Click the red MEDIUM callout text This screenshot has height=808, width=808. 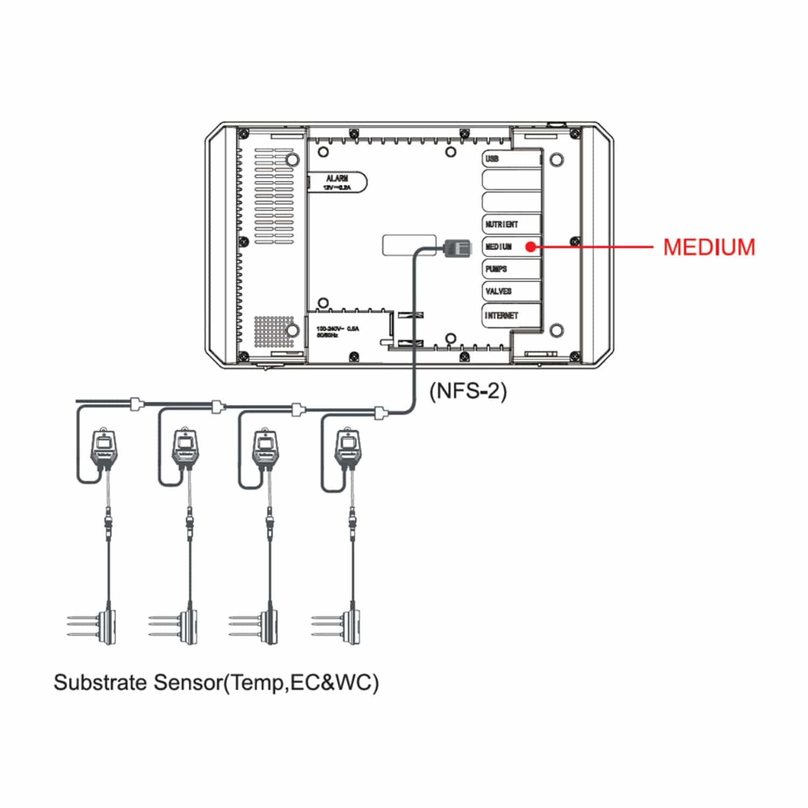coord(709,248)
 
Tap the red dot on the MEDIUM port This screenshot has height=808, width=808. coord(531,247)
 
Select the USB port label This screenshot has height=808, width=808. coord(492,159)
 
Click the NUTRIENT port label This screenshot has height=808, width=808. coord(501,224)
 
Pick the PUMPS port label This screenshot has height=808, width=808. coord(496,269)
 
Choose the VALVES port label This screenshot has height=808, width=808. coord(498,291)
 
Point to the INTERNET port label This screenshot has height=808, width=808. coord(501,316)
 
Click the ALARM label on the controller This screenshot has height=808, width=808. coord(337,179)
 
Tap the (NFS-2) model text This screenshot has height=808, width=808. coord(468,391)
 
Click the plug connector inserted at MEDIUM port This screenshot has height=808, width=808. coord(457,248)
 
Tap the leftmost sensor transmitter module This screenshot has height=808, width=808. coord(103,447)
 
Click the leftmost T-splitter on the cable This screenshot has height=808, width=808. coord(137,403)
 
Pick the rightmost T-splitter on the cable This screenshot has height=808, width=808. coord(380,413)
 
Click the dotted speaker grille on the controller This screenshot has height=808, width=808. coord(274,331)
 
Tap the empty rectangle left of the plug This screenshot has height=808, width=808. coord(409,245)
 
